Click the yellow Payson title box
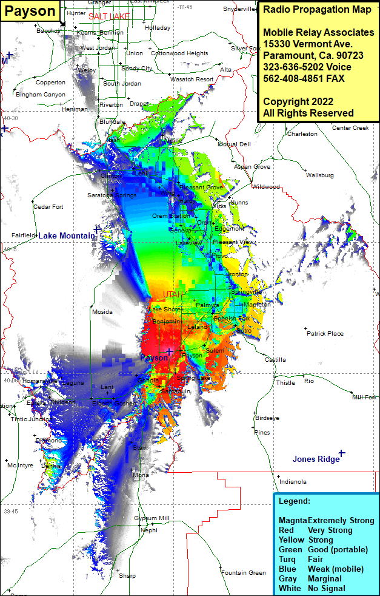click(x=30, y=11)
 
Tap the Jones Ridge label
click(x=316, y=459)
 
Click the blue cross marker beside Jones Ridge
click(x=342, y=453)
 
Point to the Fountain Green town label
click(x=244, y=572)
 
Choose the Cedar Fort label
click(x=48, y=207)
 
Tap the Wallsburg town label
click(x=320, y=175)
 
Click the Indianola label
click(x=293, y=481)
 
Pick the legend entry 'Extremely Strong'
click(x=341, y=521)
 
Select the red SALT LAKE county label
click(x=109, y=16)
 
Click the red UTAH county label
click(x=173, y=294)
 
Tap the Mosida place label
click(x=102, y=312)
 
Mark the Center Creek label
click(x=350, y=128)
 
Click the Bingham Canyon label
click(x=41, y=95)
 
